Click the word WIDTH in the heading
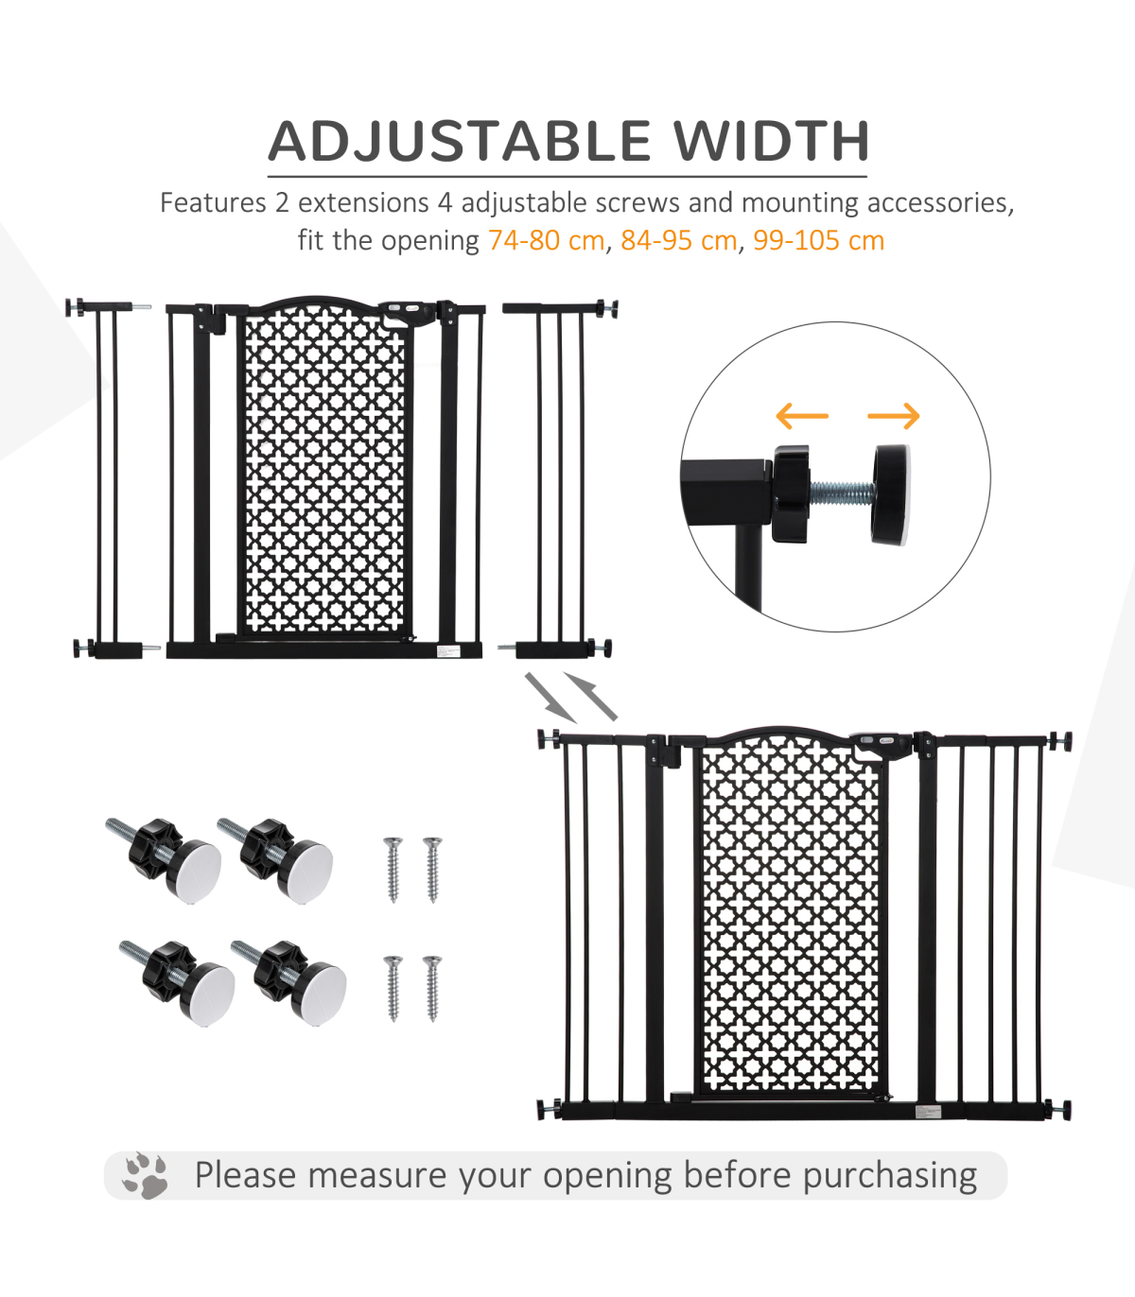(x=771, y=141)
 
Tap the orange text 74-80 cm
(x=546, y=240)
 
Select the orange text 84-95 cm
(x=678, y=240)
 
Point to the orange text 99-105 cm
(x=818, y=240)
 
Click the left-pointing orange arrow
(x=802, y=416)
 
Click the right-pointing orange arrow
(x=894, y=416)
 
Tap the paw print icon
(x=146, y=1176)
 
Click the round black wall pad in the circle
(x=890, y=494)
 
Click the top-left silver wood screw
(x=393, y=869)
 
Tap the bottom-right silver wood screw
(x=432, y=988)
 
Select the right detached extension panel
(x=558, y=480)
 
